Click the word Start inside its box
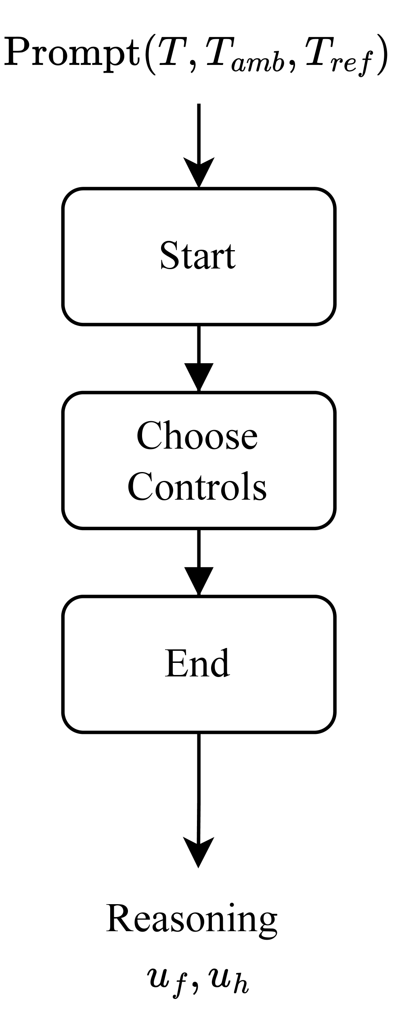point(198,256)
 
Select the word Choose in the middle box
point(197,436)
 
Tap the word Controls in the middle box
point(197,487)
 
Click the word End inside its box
point(197,663)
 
